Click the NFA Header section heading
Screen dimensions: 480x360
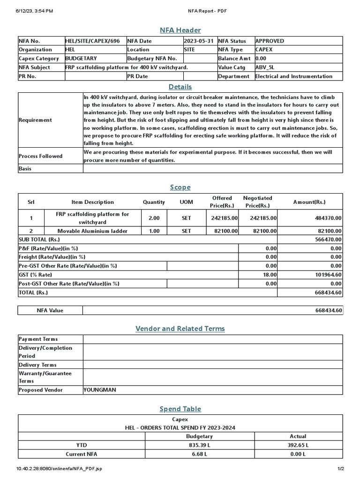click(180, 29)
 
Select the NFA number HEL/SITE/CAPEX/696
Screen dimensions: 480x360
click(92, 41)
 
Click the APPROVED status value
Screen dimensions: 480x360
click(270, 41)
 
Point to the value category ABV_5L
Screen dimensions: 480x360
click(265, 67)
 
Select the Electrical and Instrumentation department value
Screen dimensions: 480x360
click(293, 76)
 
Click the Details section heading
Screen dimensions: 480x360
click(180, 87)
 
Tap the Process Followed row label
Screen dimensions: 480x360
click(40, 156)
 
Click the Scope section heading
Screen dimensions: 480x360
click(180, 187)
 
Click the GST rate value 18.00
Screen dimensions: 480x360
click(270, 275)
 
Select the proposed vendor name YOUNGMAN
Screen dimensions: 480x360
click(100, 390)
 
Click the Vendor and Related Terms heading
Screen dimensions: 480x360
click(180, 329)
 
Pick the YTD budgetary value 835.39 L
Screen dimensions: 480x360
click(200, 445)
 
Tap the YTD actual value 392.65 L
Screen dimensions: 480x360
click(298, 445)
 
